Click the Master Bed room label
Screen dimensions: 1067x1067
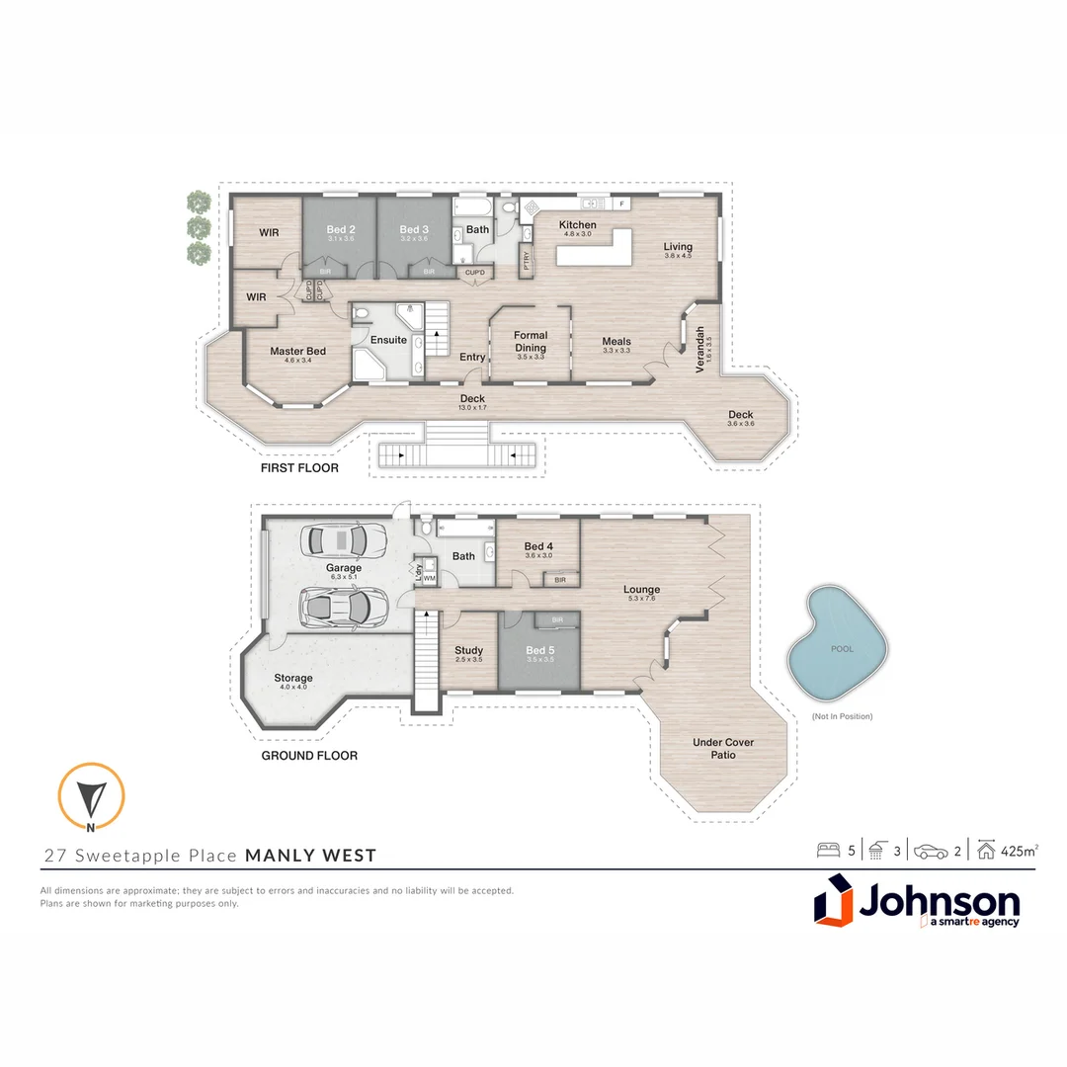[297, 352]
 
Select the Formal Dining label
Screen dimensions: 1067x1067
[531, 341]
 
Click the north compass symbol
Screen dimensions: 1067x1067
[91, 796]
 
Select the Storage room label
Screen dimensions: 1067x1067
[293, 678]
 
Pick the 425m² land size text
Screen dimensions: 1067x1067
[1019, 850]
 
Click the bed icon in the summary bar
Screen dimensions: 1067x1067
[828, 850]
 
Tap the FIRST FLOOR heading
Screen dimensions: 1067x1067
[299, 468]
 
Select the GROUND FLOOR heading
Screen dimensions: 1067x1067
[309, 756]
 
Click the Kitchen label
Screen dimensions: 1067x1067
[578, 225]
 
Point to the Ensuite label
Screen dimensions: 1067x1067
[388, 340]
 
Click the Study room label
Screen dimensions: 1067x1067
[468, 651]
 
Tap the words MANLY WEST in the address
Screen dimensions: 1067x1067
[310, 856]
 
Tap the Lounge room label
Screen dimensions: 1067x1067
[641, 590]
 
